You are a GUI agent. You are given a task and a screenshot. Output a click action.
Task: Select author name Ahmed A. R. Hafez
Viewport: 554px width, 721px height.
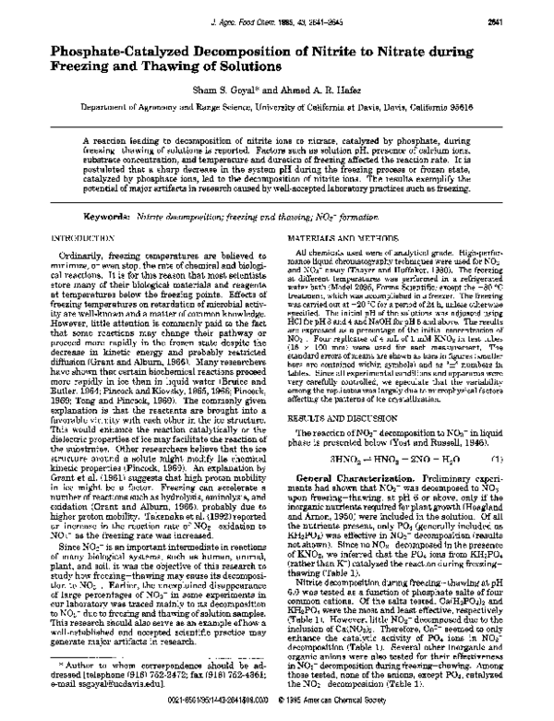[x=312, y=92]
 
